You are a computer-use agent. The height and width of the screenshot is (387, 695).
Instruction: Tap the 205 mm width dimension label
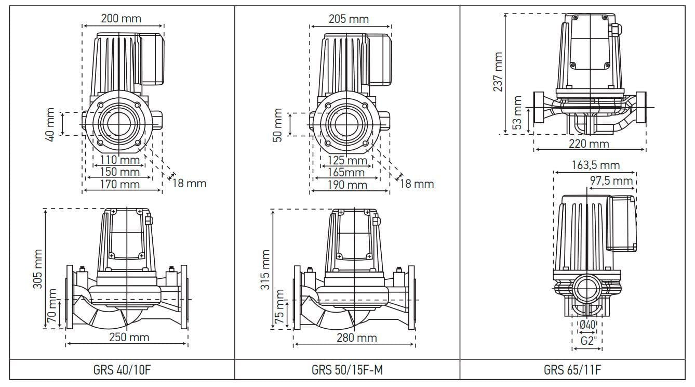(349, 19)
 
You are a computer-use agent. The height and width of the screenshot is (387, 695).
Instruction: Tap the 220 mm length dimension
(589, 144)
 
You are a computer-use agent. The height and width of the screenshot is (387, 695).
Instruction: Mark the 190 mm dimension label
(347, 185)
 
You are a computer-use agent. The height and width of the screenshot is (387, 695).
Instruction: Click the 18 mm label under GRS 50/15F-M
(417, 184)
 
